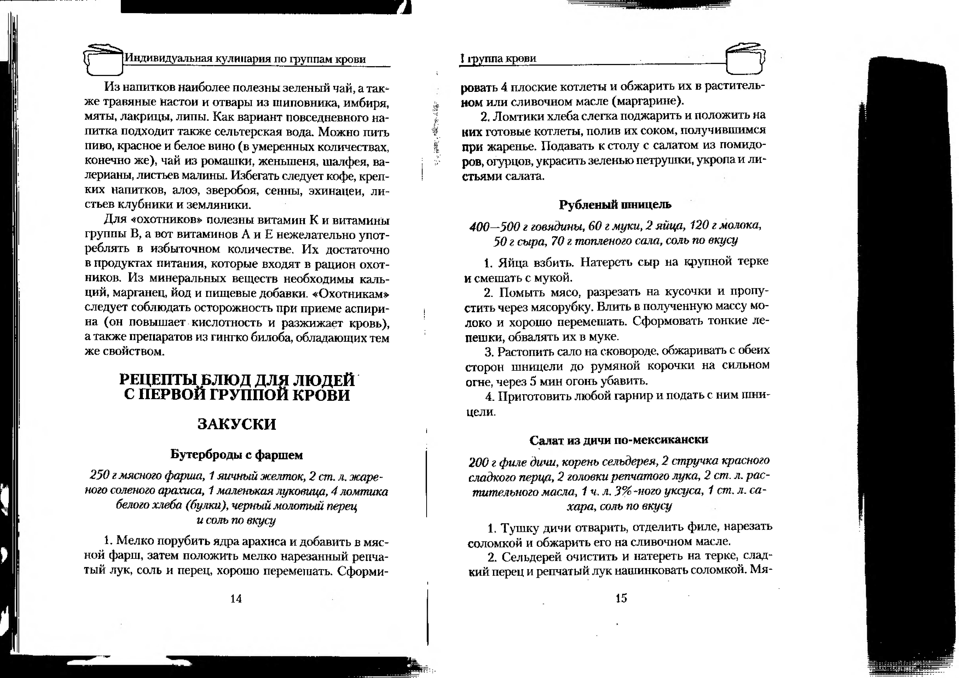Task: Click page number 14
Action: tap(236, 599)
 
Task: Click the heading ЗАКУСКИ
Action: tap(236, 424)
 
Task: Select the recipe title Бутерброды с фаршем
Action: tap(236, 455)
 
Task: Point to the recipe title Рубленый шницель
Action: tap(615, 204)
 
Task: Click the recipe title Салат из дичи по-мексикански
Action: tap(619, 440)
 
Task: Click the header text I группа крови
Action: tap(498, 59)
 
